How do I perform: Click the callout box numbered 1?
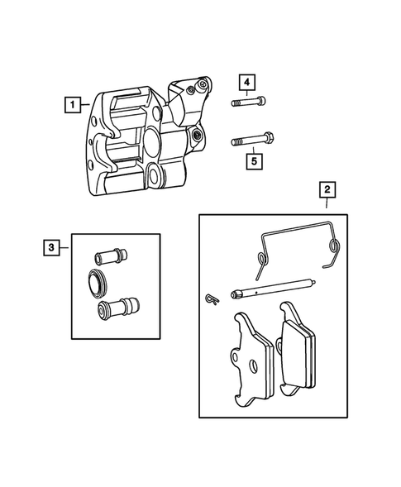(x=74, y=105)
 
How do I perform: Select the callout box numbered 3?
(x=52, y=246)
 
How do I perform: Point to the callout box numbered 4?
(x=247, y=82)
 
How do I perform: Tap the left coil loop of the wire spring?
(x=260, y=260)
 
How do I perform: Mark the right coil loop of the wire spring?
(x=333, y=246)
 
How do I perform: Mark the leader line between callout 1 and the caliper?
(x=90, y=106)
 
